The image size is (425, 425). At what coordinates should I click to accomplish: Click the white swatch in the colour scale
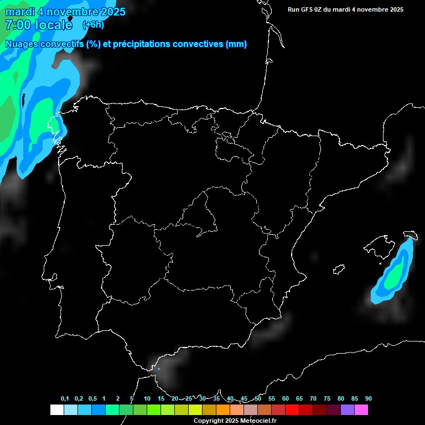[x=56, y=410]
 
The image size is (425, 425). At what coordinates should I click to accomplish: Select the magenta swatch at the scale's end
[x=361, y=410]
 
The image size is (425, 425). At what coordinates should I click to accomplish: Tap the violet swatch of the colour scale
[x=348, y=410]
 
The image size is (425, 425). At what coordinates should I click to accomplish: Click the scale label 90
[x=368, y=399]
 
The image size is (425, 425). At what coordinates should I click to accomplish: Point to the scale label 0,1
[x=65, y=399]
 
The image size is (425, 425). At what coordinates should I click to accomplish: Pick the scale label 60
[x=286, y=399]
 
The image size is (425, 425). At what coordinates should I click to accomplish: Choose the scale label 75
[x=327, y=399]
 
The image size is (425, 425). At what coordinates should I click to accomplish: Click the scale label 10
[x=147, y=399]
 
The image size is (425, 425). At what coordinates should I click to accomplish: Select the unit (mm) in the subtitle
[x=236, y=44]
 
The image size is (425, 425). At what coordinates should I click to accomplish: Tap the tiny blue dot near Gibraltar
[x=158, y=369]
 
